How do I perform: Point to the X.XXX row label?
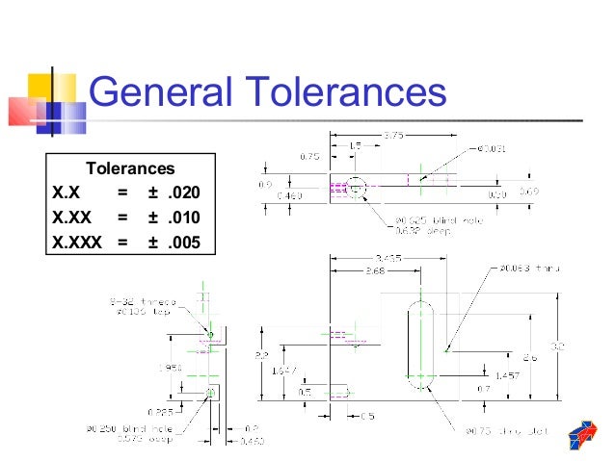[76, 242]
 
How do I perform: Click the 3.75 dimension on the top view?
[393, 136]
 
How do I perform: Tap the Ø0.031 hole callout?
[491, 149]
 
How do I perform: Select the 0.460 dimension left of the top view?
[288, 196]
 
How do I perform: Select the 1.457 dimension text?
[506, 374]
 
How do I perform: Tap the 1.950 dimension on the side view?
[172, 367]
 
